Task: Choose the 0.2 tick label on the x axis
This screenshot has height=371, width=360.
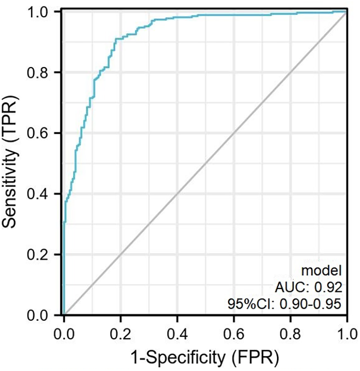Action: click(x=121, y=331)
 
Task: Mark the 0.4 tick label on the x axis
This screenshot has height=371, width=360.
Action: click(x=177, y=331)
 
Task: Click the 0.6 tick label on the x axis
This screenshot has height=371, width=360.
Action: click(x=234, y=331)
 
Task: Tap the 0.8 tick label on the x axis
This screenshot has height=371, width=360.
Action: click(x=291, y=331)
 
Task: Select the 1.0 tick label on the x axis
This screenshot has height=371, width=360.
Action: click(x=346, y=331)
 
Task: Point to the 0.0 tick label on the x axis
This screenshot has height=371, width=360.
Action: click(x=64, y=331)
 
